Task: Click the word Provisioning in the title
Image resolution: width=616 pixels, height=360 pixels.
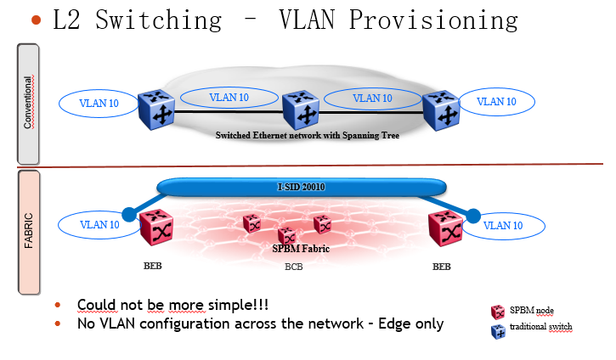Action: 433,20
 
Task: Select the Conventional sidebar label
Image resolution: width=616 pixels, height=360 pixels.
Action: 28,102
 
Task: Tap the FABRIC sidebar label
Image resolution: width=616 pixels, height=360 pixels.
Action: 28,230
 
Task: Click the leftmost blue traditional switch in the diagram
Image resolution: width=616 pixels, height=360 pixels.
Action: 156,110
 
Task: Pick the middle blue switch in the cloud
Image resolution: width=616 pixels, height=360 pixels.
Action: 301,110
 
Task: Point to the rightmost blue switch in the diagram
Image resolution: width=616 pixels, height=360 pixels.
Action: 441,110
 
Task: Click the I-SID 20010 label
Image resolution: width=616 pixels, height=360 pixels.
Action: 302,187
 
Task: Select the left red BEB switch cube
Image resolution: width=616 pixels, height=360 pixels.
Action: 156,227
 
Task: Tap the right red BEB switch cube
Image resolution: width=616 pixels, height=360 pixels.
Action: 445,228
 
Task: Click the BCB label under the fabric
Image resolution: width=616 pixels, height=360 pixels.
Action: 293,267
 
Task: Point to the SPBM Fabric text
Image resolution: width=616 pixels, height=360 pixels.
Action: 301,249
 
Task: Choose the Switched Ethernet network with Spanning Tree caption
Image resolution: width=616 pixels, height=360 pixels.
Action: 308,136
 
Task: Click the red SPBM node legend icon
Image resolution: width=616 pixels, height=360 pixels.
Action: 498,312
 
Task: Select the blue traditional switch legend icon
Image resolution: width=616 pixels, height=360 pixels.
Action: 498,331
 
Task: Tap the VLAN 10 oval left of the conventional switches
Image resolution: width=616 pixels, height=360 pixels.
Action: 99,104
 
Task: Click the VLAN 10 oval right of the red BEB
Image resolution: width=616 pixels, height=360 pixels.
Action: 503,226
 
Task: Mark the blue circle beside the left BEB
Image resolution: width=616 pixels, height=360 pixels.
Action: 129,215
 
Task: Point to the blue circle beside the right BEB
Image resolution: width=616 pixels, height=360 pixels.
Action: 473,216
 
